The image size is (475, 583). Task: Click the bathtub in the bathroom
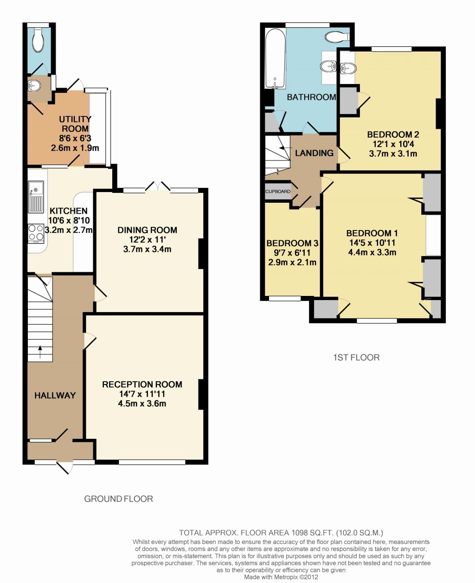(276, 58)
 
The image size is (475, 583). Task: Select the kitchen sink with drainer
(36, 197)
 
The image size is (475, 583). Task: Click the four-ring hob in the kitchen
(36, 233)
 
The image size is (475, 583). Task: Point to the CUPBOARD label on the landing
(277, 192)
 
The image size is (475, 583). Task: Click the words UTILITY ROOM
(75, 124)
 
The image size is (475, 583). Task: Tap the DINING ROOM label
(148, 230)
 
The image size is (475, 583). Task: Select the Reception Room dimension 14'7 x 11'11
(142, 394)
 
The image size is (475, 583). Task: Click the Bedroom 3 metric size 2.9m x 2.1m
(292, 263)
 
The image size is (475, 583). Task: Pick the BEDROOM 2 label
(393, 135)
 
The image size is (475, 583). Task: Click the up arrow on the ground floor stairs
(40, 352)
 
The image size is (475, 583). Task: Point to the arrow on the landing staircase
(285, 148)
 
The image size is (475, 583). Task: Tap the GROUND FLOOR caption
(119, 499)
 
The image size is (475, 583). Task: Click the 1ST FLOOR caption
(356, 358)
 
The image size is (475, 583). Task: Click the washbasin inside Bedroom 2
(347, 68)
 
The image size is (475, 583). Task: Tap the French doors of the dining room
(158, 186)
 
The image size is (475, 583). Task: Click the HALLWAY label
(55, 395)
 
